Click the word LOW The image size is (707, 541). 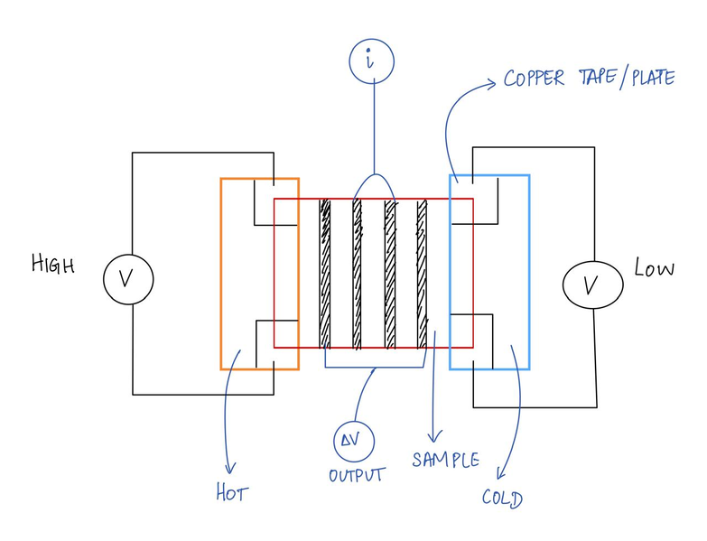[654, 268]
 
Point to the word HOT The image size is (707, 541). [231, 494]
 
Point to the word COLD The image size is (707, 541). [502, 497]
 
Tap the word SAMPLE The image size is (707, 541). [445, 459]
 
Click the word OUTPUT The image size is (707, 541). [357, 475]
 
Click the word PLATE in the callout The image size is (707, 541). [645, 78]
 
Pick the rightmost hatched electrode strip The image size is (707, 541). [422, 273]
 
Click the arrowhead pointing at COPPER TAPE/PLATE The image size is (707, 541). [493, 83]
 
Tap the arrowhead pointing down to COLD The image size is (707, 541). [501, 474]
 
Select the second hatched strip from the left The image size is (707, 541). [358, 273]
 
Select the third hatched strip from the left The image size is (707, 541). [390, 273]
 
